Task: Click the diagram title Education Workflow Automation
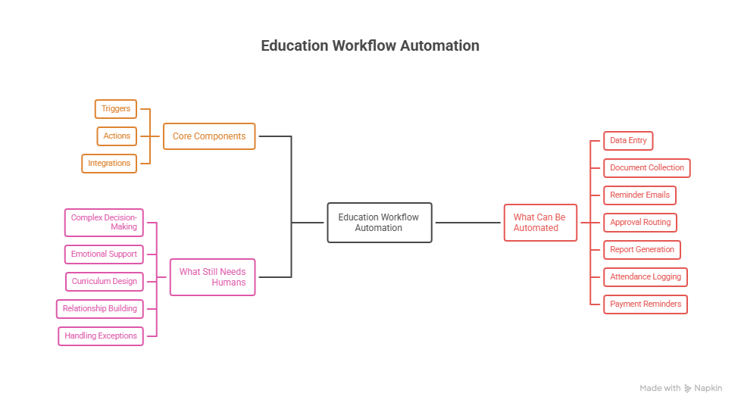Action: click(370, 45)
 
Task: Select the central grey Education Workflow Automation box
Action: click(380, 223)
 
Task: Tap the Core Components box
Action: click(209, 136)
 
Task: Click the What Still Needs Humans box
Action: click(212, 277)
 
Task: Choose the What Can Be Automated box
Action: click(540, 223)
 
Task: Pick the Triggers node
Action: click(116, 109)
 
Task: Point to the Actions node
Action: click(117, 136)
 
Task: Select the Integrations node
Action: click(109, 164)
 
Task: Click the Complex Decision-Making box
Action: click(104, 222)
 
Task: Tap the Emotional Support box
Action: click(104, 254)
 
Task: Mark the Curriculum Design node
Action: click(105, 282)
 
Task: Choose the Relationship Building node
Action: click(100, 309)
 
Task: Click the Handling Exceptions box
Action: click(101, 336)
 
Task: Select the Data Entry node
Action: click(628, 141)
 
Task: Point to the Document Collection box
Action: click(646, 168)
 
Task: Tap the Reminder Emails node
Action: click(639, 195)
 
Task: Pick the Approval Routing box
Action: click(639, 223)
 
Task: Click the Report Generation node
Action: click(642, 250)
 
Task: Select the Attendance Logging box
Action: click(645, 277)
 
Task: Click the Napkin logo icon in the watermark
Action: click(687, 389)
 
